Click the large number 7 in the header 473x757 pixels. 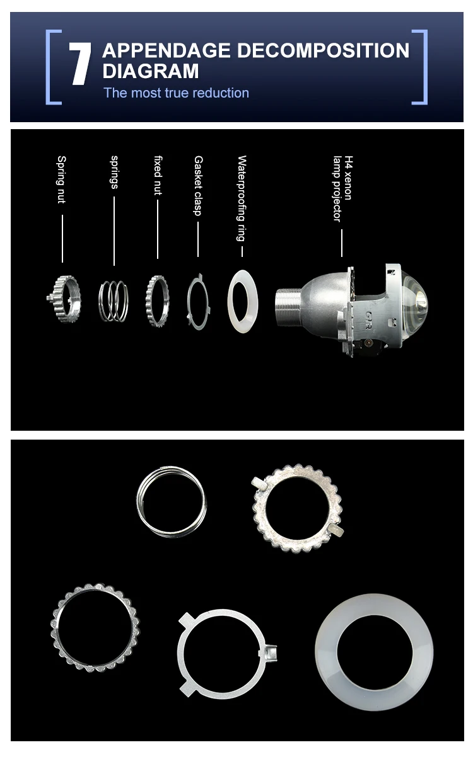click(80, 64)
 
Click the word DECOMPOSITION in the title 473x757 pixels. click(323, 50)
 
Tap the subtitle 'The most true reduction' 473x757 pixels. click(176, 93)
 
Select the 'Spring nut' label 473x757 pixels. click(61, 179)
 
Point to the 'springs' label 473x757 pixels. click(115, 172)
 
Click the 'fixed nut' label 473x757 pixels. click(158, 175)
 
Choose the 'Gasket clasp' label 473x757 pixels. click(198, 186)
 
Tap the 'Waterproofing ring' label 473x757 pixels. click(242, 198)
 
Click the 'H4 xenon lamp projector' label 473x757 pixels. click(342, 188)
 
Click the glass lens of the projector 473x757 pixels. click(416, 302)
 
